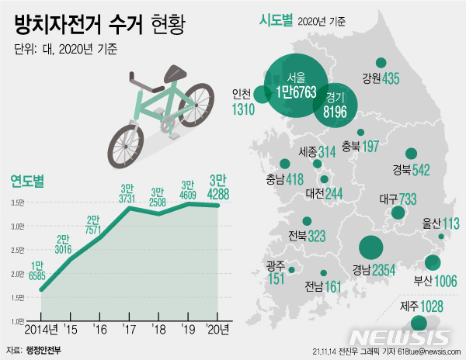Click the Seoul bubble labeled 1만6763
(295, 85)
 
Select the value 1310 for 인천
(243, 109)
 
